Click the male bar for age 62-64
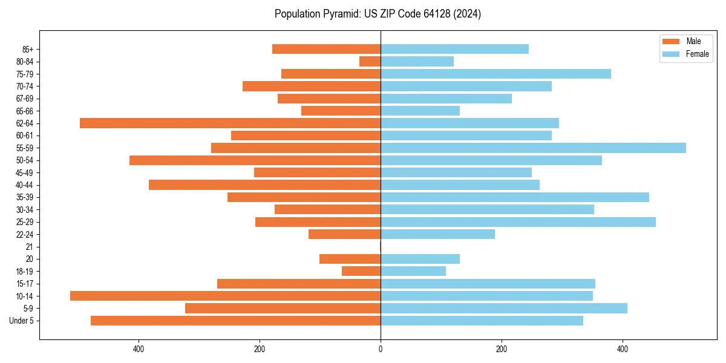(230, 123)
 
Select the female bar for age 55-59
(533, 148)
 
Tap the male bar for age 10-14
(225, 296)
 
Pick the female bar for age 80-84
(417, 62)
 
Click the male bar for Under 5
(235, 321)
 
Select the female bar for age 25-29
(518, 222)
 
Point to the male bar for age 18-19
(361, 271)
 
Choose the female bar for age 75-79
(495, 74)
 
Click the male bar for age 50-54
(255, 160)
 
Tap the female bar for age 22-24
(437, 234)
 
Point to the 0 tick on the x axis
(381, 348)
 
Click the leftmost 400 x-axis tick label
(139, 348)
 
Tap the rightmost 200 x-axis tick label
(501, 348)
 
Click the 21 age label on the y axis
(30, 247)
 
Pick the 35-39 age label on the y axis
(25, 197)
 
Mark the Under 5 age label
(22, 321)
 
